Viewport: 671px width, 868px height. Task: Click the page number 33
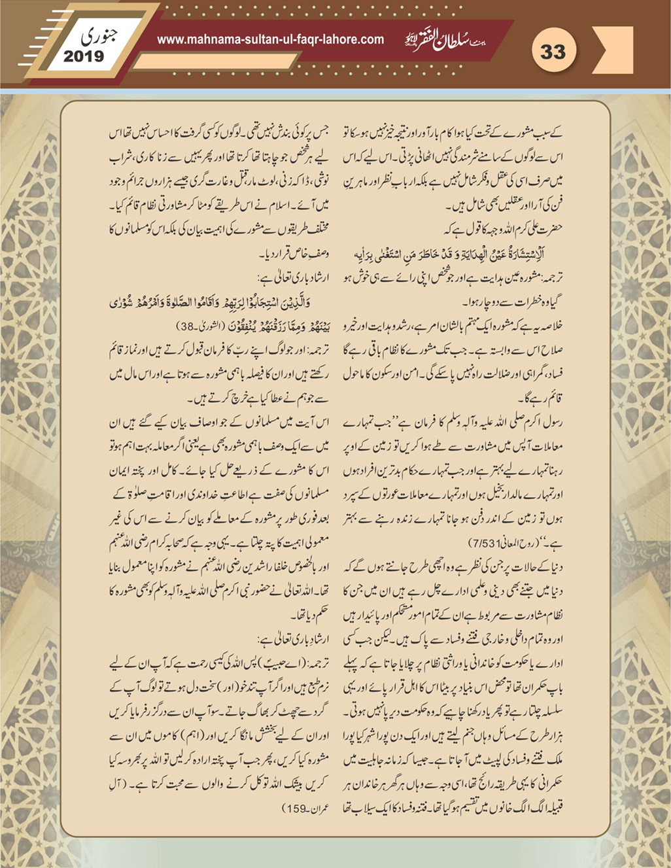[553, 51]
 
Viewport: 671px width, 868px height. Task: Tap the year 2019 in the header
[84, 56]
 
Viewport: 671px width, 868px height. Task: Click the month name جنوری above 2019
[95, 35]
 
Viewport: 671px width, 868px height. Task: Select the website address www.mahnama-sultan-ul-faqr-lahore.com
[271, 40]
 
